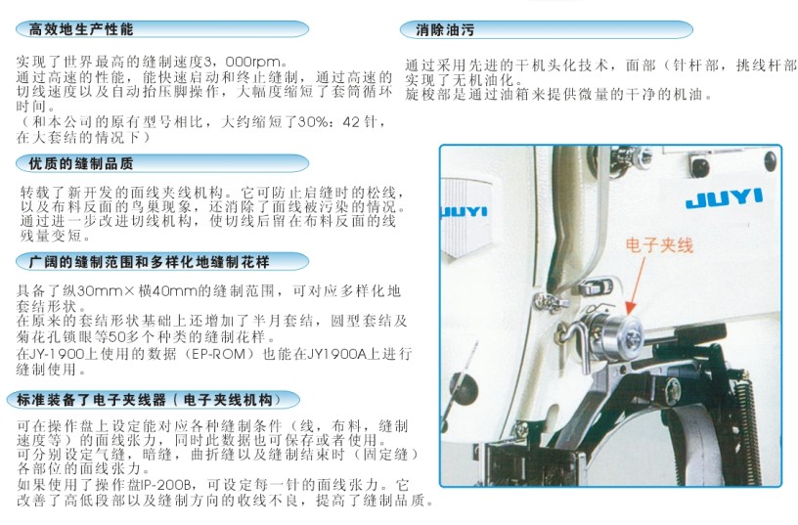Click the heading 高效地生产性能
tap(81, 29)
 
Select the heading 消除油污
tap(445, 30)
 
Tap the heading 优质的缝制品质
tap(81, 164)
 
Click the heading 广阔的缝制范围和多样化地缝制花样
tap(149, 262)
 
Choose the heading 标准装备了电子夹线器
tap(92, 400)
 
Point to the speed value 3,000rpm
tap(243, 63)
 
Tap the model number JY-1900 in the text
tap(62, 354)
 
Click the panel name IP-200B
tap(170, 484)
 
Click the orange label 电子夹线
tap(659, 245)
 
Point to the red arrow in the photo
tap(637, 284)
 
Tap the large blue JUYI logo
tap(724, 198)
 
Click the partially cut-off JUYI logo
tap(464, 211)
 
